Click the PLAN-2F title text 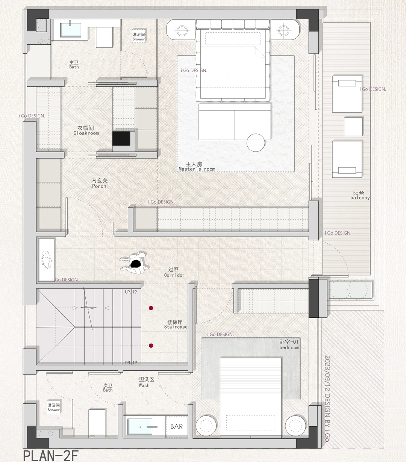[51, 456]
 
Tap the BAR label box [176, 426]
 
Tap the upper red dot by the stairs [151, 308]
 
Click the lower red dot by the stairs [151, 346]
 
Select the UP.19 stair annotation [131, 292]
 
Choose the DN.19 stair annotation [131, 362]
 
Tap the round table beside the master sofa [256, 143]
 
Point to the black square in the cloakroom [121, 139]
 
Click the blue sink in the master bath [71, 30]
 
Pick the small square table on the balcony [353, 127]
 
